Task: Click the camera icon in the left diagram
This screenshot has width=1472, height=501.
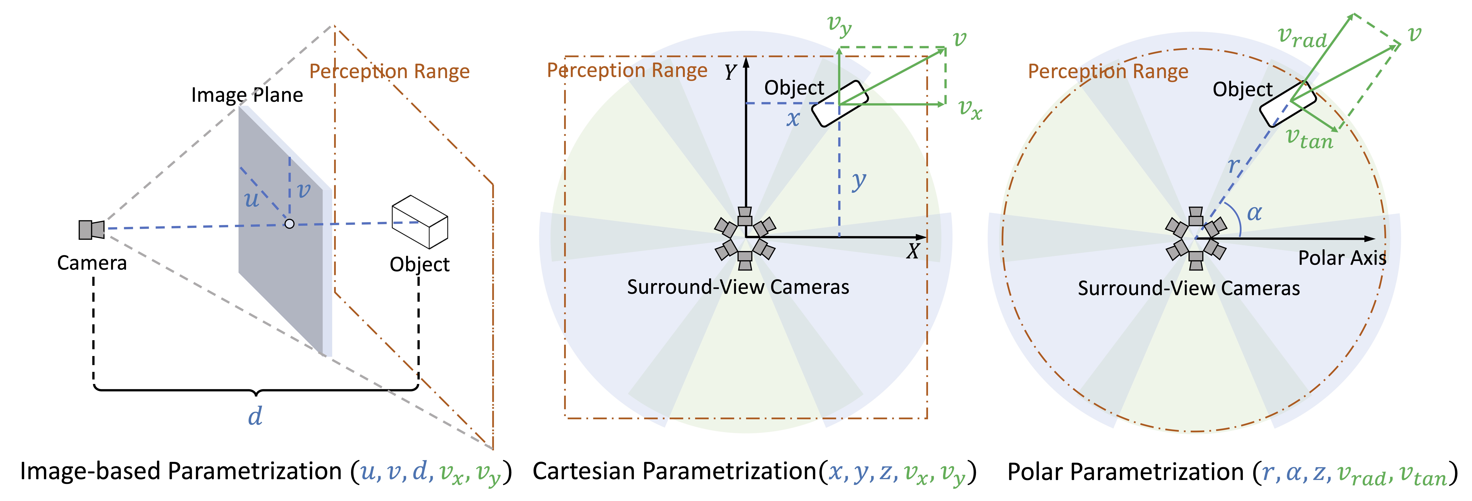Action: pos(91,229)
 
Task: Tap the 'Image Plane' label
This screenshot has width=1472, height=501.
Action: pos(247,95)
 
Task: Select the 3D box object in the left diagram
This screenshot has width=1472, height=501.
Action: pos(419,222)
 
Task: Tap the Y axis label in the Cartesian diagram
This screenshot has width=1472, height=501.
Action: pos(730,73)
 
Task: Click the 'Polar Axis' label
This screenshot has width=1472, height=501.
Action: pos(1342,258)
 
